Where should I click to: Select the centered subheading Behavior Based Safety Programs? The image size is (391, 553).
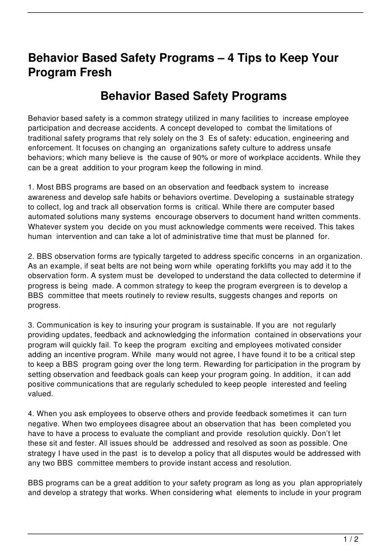click(x=194, y=97)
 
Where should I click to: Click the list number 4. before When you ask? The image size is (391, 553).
click(x=31, y=413)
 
